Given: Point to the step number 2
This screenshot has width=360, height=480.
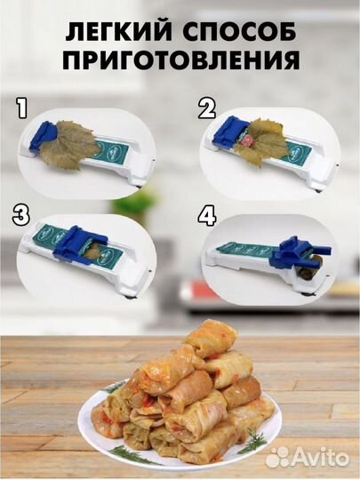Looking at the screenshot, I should point(206,110).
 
